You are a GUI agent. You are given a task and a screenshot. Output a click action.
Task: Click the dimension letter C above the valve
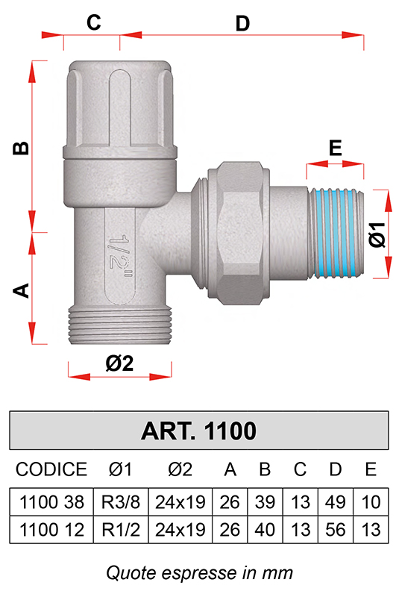94,22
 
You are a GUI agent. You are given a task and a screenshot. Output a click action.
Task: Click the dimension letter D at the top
242,24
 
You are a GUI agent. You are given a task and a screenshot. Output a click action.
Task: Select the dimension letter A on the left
21,290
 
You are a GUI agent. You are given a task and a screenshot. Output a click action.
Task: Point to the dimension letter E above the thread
335,148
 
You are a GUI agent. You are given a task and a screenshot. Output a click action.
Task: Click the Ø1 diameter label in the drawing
377,234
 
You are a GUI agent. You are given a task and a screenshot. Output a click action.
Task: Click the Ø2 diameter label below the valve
119,363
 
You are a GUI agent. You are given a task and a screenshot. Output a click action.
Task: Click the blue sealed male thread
335,234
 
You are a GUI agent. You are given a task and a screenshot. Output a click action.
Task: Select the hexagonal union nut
239,233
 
